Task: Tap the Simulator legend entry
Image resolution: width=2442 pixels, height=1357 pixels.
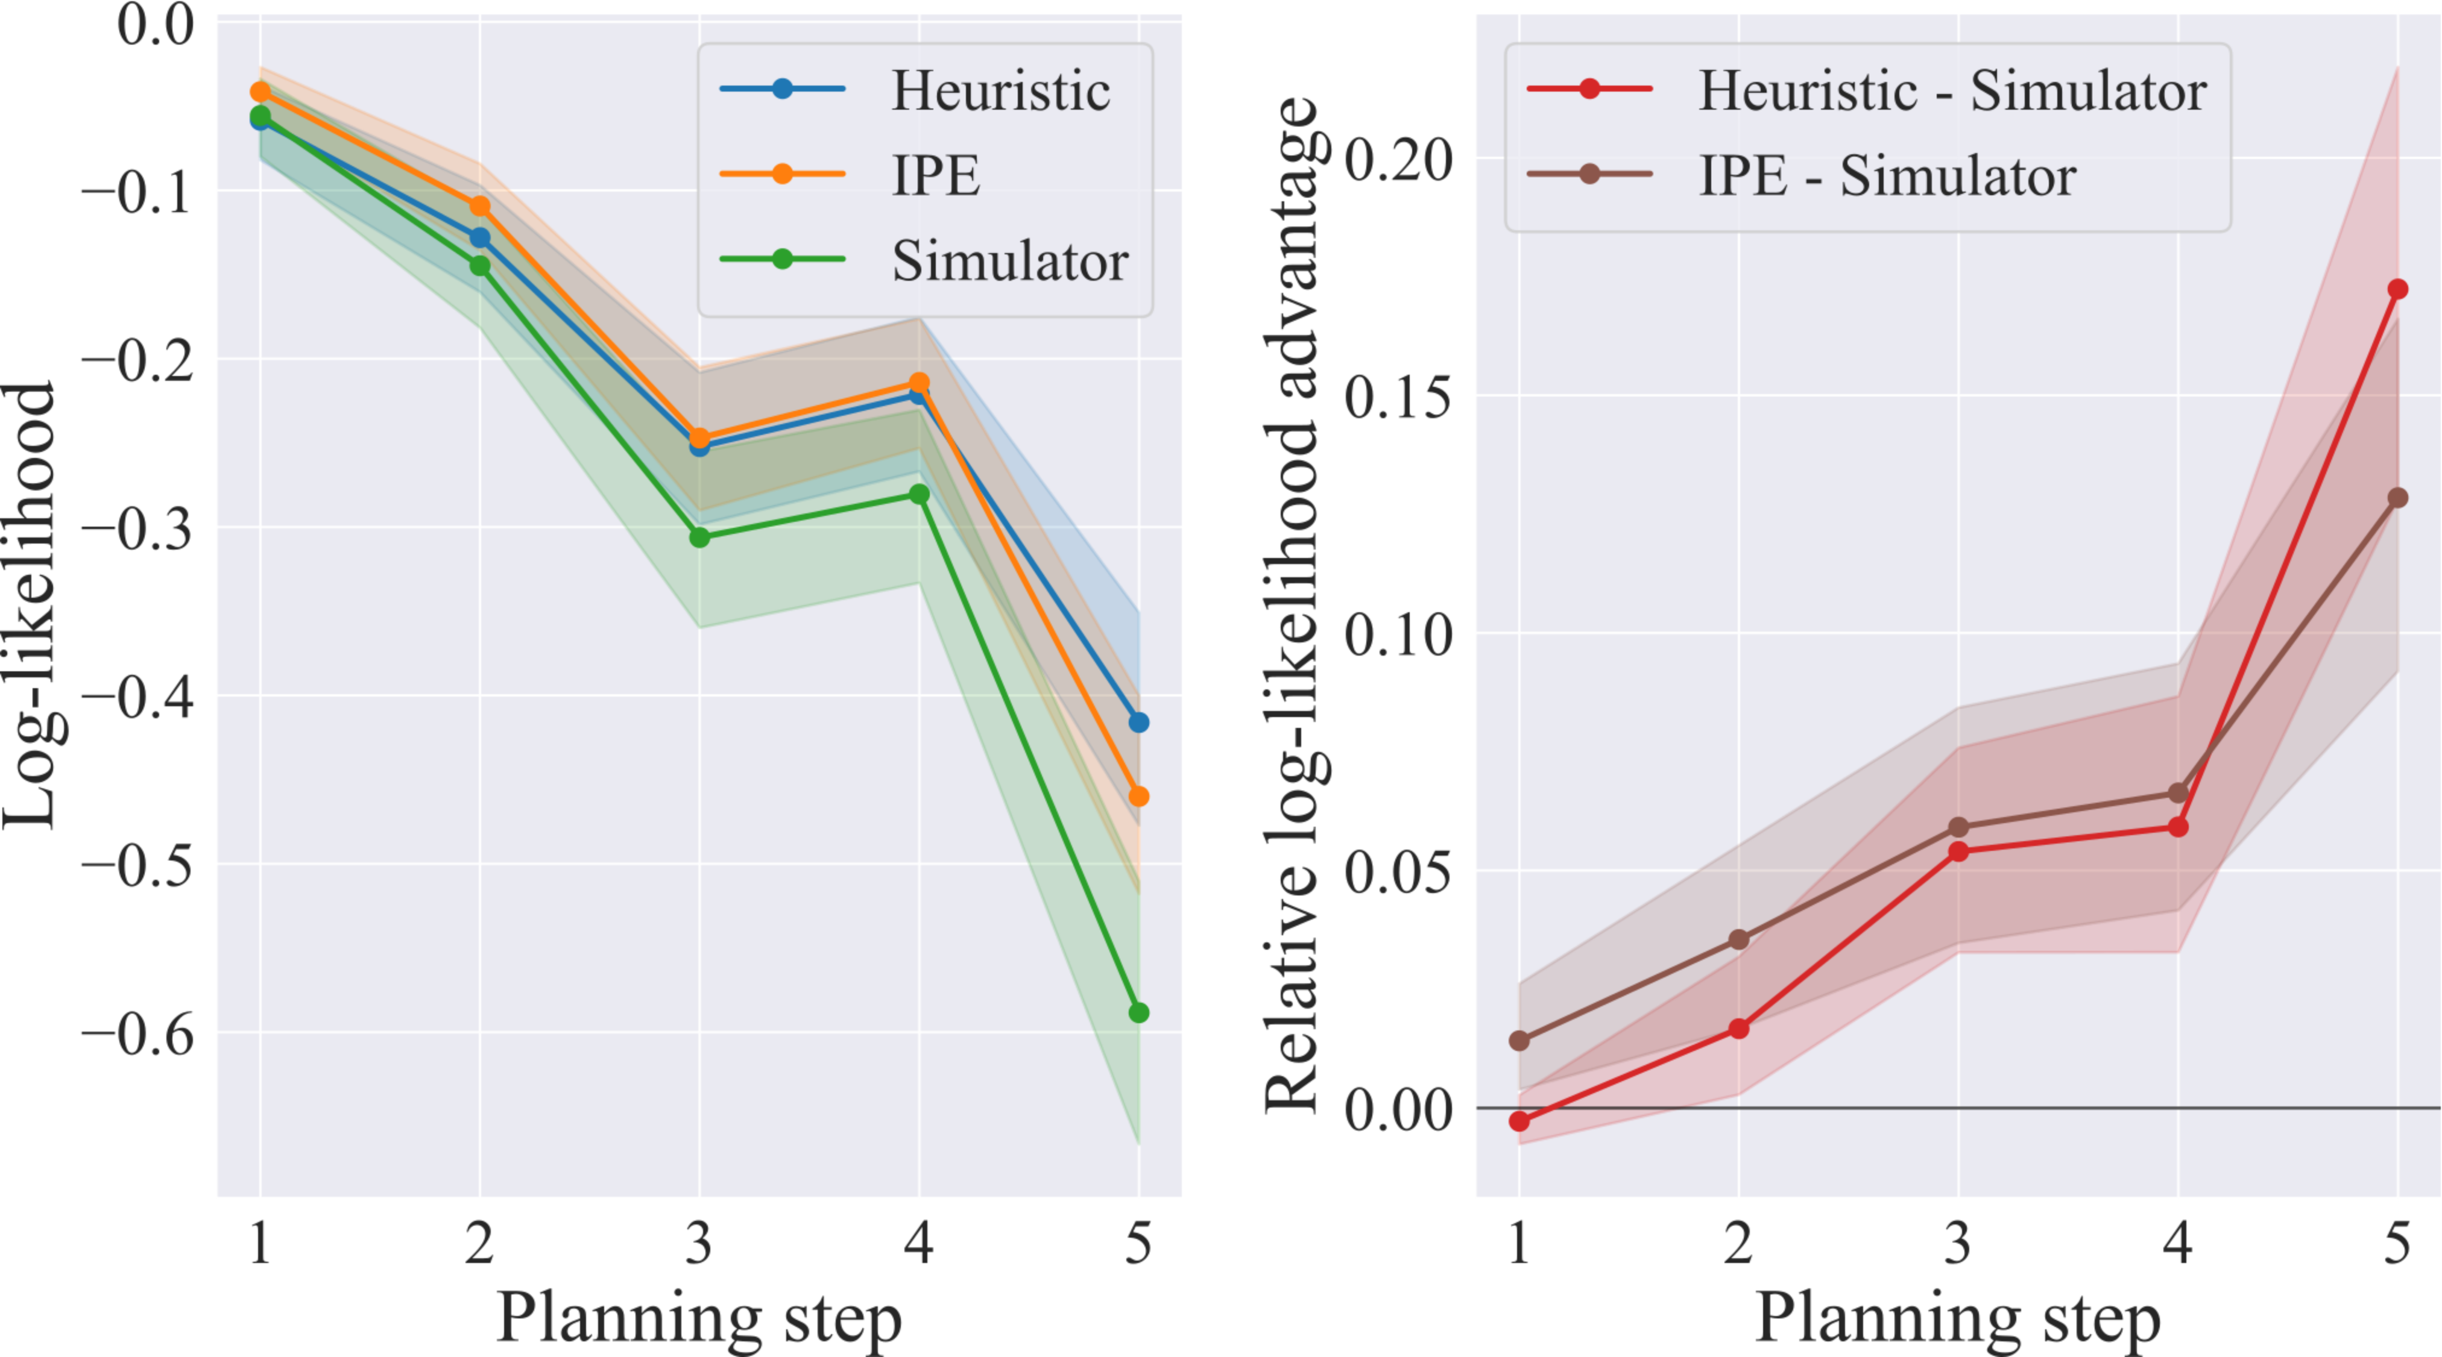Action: (924, 260)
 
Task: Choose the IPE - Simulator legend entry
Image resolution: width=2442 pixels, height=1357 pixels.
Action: (1801, 175)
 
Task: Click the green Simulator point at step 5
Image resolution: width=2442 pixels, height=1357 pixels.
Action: (1138, 1013)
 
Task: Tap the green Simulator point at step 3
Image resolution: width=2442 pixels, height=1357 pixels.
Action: (699, 537)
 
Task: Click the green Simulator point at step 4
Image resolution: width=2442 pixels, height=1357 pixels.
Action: (918, 495)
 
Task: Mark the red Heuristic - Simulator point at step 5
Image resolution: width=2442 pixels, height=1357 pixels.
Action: (2397, 289)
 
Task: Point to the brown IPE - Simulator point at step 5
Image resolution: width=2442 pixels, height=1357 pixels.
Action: (2397, 498)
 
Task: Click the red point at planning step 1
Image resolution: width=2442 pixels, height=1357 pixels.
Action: (1519, 1121)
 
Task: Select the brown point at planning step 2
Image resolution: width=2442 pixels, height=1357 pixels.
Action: (1738, 939)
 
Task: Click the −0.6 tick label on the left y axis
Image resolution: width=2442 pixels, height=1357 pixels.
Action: (139, 1033)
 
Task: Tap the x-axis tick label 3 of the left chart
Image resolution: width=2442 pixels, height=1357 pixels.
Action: (699, 1243)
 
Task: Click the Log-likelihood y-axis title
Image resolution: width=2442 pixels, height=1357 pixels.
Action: (30, 606)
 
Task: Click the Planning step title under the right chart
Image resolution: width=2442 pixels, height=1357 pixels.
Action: (1958, 1319)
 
